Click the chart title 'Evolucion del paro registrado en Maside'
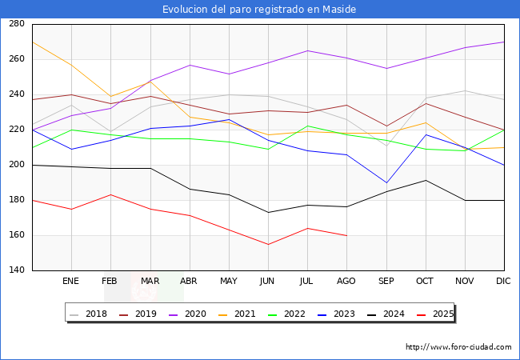[x=259, y=9]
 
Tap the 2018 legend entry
[x=90, y=314]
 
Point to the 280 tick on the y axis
[x=16, y=24]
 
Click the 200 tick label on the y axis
[x=16, y=165]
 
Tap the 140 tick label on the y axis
[x=16, y=270]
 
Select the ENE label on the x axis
[x=71, y=281]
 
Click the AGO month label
[x=346, y=281]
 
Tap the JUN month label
[x=268, y=281]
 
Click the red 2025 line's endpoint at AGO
[x=346, y=235]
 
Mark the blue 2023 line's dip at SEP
[x=386, y=182]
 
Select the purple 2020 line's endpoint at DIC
[x=504, y=42]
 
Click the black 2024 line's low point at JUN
[x=268, y=212]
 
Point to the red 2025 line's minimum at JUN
[x=268, y=244]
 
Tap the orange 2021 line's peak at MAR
[x=150, y=82]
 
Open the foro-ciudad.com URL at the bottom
[x=458, y=347]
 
